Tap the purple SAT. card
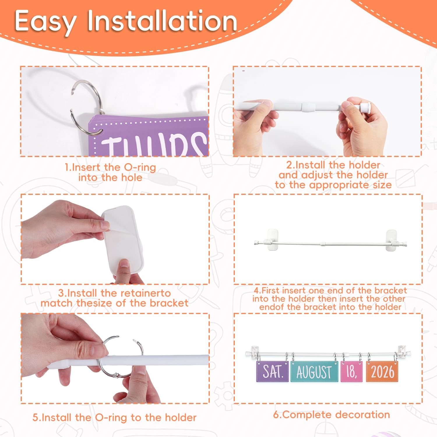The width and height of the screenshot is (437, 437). (x=272, y=371)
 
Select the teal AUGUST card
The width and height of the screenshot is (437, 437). (x=314, y=371)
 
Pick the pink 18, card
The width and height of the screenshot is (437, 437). (x=351, y=371)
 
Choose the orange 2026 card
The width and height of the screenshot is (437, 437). (x=383, y=371)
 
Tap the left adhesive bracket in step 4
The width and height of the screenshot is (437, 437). (x=272, y=240)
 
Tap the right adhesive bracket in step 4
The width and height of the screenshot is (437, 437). (x=392, y=240)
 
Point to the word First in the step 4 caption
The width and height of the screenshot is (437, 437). (x=271, y=290)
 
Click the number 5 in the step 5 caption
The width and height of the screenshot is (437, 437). (x=35, y=417)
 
